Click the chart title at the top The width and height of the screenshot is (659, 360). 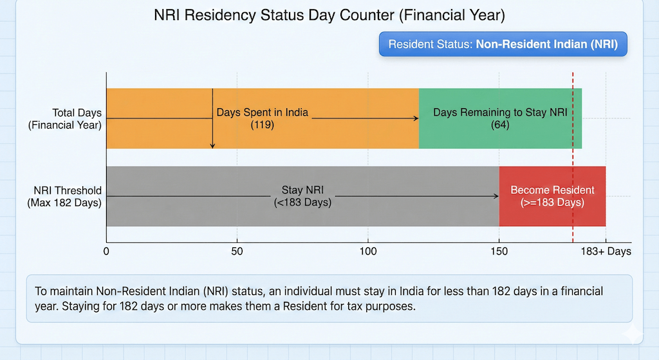tap(329, 15)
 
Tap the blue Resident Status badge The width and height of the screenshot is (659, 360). tap(503, 44)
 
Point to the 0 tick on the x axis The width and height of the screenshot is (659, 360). tap(106, 251)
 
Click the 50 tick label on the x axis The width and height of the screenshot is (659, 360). tap(237, 251)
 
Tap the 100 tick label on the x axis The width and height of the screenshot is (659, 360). tap(367, 251)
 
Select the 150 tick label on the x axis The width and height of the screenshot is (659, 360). tap(499, 251)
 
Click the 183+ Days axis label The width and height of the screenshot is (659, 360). tap(606, 251)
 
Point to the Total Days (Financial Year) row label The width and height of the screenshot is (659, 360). tap(64, 119)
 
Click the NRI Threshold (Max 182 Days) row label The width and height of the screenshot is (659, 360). tap(64, 196)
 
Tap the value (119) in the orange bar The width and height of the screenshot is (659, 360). tap(262, 125)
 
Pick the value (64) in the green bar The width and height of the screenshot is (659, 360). tap(500, 125)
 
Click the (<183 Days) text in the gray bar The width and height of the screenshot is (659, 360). tap(302, 203)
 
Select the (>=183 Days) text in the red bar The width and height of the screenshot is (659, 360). tap(552, 203)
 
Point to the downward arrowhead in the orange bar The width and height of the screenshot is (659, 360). tap(212, 146)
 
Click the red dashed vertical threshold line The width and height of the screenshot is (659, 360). tap(573, 161)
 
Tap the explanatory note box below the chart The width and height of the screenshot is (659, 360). tap(329, 298)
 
